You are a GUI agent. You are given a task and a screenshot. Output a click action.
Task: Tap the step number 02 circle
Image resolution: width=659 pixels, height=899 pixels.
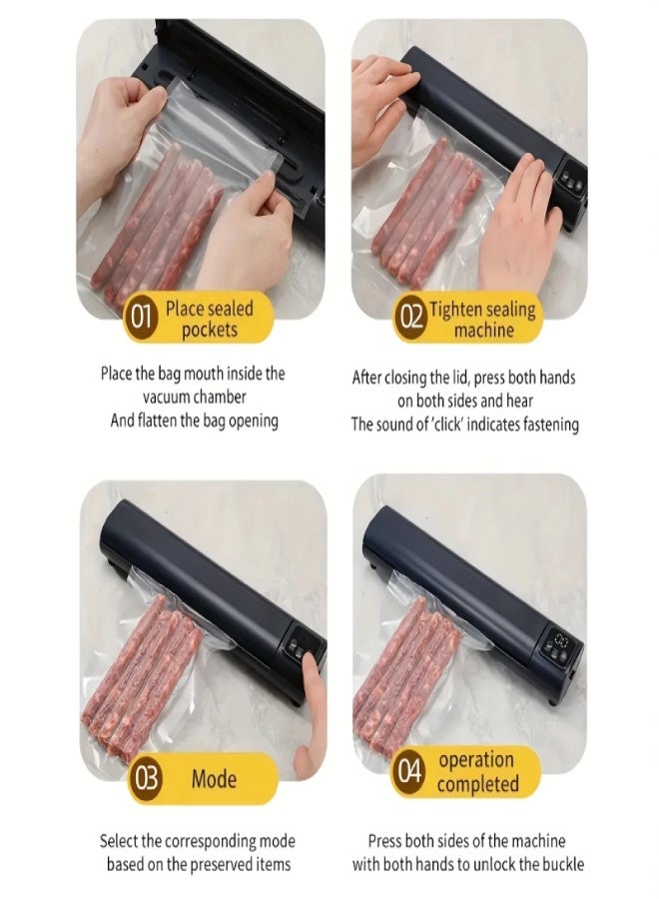click(411, 319)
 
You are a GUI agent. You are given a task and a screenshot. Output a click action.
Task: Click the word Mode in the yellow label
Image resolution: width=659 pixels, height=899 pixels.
click(213, 778)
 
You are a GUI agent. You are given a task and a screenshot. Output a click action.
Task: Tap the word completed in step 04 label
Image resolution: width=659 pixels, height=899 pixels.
click(477, 784)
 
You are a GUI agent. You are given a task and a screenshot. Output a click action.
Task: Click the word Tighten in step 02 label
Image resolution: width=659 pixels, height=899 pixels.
click(455, 309)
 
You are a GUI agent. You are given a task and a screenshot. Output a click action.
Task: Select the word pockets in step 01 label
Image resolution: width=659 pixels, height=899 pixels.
click(210, 330)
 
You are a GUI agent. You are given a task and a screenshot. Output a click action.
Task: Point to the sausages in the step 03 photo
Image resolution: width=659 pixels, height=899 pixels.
click(140, 679)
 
